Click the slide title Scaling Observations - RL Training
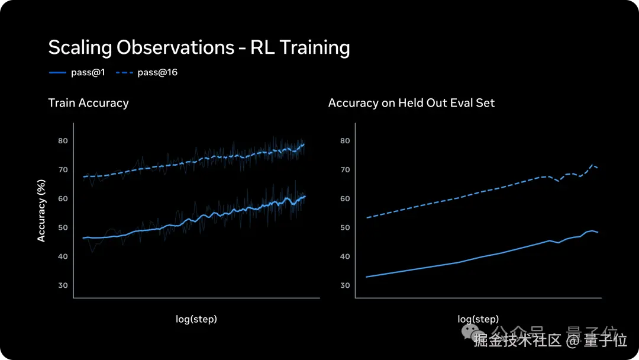pyautogui.click(x=199, y=47)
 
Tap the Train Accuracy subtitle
pyautogui.click(x=88, y=103)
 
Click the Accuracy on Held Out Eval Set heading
pyautogui.click(x=411, y=103)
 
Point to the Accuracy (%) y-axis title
pyautogui.click(x=41, y=211)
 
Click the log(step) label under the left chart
pyautogui.click(x=196, y=319)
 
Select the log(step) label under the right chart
pyautogui.click(x=478, y=319)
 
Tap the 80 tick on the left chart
pyautogui.click(x=63, y=141)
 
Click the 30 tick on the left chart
pyautogui.click(x=63, y=285)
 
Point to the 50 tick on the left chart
pyautogui.click(x=63, y=227)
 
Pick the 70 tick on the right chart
pyautogui.click(x=345, y=170)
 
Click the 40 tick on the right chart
pyautogui.click(x=345, y=256)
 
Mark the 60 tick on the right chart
pyautogui.click(x=345, y=199)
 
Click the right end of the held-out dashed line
pyautogui.click(x=598, y=168)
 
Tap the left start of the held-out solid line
pyautogui.click(x=367, y=277)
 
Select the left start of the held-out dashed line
pyautogui.click(x=367, y=218)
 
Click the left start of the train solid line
pyautogui.click(x=83, y=238)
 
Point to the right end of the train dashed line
pyautogui.click(x=304, y=144)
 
